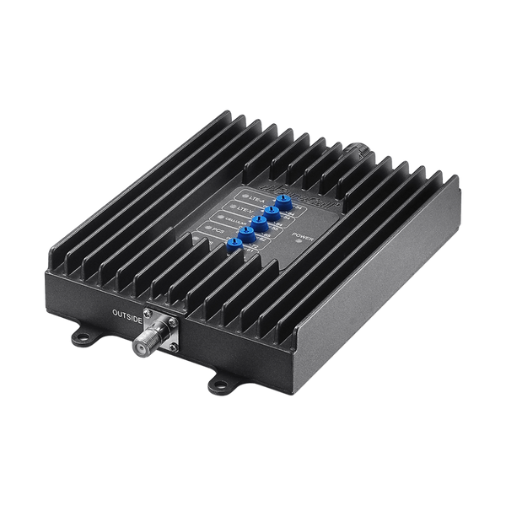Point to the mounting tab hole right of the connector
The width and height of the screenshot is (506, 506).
pyautogui.click(x=216, y=380)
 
